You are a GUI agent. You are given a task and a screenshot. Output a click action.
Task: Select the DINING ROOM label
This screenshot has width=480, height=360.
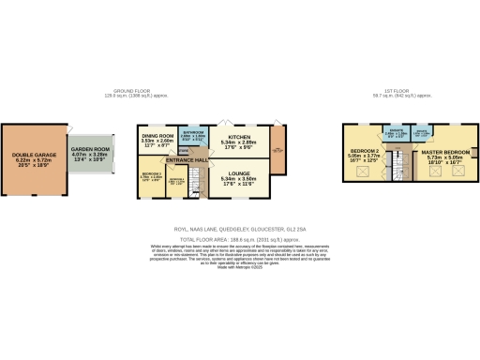coord(158,137)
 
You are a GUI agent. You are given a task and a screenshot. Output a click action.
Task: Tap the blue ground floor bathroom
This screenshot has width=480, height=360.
coord(191,137)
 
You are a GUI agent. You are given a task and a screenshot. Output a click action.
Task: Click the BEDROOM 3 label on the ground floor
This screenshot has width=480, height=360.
coord(152,173)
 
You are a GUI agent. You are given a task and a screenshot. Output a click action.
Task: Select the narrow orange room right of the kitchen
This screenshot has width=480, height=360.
coord(277,150)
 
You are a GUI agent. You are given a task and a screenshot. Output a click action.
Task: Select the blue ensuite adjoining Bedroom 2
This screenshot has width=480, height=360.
coord(397,135)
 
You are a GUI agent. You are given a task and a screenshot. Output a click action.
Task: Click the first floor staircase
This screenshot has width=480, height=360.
coord(400,170)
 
